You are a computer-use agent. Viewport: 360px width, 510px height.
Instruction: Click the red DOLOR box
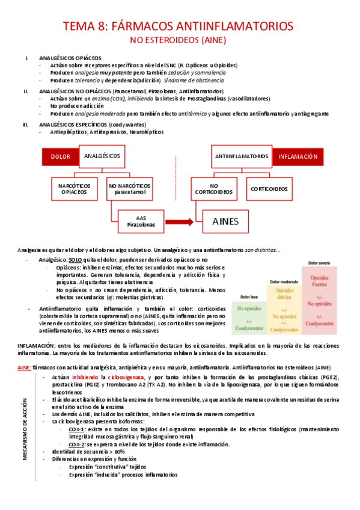tap(59, 156)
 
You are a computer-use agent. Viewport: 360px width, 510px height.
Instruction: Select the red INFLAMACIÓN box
tap(297, 156)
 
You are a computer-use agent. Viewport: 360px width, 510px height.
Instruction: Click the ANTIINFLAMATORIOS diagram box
tap(242, 156)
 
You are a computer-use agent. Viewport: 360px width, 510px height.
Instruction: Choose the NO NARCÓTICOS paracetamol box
tap(127, 189)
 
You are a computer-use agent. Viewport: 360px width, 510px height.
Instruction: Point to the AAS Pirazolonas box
tap(141, 221)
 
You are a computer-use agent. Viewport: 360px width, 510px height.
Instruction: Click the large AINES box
tap(225, 221)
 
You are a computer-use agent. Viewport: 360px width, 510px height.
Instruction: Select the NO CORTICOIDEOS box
tap(215, 189)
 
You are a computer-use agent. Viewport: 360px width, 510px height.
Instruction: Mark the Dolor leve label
tap(249, 297)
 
